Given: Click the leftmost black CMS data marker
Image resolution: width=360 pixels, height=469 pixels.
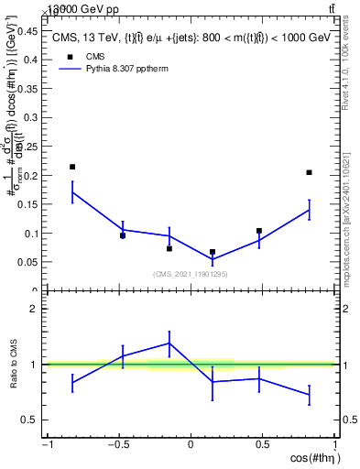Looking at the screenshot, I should coord(72,167).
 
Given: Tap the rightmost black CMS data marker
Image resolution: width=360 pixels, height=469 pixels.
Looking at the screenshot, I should coord(310,172).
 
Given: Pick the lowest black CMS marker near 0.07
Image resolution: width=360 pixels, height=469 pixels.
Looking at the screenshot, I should coord(213,252).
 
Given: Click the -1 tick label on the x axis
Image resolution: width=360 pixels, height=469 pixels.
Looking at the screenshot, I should coord(47,445).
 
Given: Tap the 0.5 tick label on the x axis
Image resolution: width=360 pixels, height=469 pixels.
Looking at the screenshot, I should coord(262,445).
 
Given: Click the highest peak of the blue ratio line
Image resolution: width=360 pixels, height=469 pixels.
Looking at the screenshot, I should coord(169,343).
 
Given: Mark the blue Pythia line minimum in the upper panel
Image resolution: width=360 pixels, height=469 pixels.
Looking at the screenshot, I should coord(213,259).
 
